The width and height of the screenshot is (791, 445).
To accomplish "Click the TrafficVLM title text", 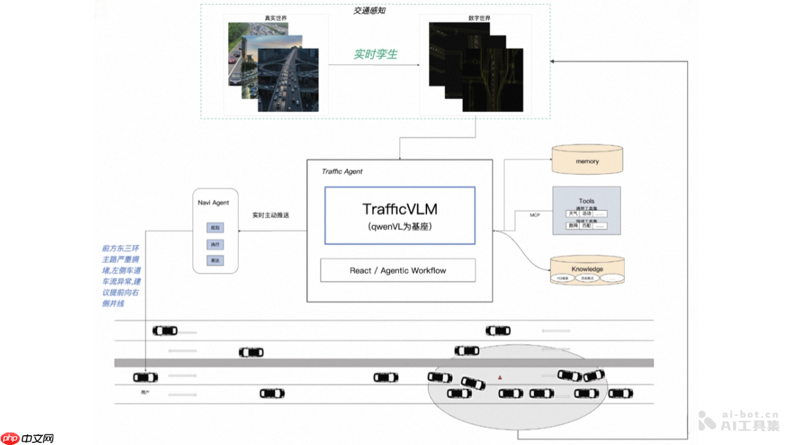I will point(399,209).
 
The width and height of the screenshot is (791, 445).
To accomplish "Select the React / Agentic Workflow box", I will point(397,270).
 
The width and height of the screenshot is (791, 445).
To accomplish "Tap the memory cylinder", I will point(587,161).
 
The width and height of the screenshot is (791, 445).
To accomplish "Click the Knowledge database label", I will point(587,269).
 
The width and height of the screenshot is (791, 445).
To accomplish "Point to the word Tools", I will point(587,201).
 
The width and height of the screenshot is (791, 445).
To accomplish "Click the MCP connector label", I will point(535,215).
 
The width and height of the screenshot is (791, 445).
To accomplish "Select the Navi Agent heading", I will point(214,202).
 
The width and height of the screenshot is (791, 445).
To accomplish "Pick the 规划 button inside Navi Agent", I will point(215,228).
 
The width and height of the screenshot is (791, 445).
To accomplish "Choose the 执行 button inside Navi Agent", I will point(215,245).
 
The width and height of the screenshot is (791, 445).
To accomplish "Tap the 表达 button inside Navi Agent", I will point(215,261).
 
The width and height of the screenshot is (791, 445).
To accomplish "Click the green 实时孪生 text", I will point(375,55).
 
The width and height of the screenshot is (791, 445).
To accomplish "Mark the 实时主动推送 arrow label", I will point(271,216).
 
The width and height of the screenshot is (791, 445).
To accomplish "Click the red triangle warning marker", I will point(500,378).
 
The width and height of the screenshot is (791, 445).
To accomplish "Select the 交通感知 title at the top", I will point(369,11).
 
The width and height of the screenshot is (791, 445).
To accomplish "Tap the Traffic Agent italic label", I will point(342,171).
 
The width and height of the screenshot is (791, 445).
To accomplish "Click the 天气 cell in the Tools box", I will point(573,214).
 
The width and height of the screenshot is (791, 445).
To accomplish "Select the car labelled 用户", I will point(146,378).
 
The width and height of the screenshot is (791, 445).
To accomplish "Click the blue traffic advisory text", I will point(121,276).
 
